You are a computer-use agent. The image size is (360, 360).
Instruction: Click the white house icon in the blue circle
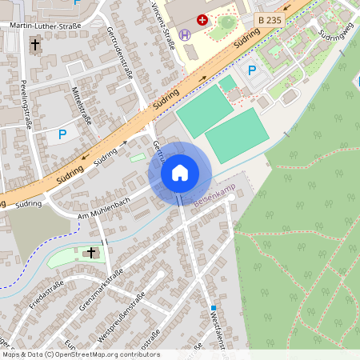click(x=180, y=172)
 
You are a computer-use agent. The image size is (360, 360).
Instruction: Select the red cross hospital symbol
click(x=202, y=18)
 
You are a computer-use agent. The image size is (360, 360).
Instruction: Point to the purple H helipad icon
click(x=186, y=34)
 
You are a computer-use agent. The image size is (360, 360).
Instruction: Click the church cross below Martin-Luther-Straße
click(x=34, y=46)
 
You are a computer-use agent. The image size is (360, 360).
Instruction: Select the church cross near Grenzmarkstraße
click(x=91, y=253)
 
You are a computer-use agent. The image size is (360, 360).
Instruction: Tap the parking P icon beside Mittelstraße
click(x=62, y=135)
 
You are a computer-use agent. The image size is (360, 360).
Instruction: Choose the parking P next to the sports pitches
click(x=251, y=70)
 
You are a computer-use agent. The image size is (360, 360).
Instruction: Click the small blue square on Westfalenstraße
click(x=214, y=307)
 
